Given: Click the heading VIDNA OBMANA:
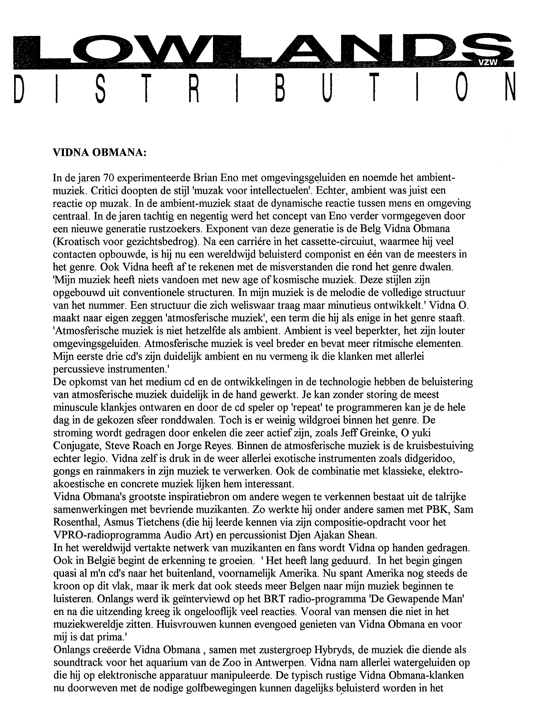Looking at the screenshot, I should [x=100, y=153].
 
